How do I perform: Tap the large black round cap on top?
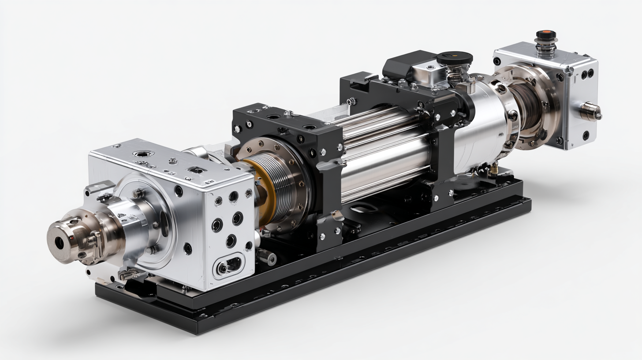pyautogui.click(x=454, y=58)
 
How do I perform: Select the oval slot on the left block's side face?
pyautogui.click(x=228, y=266)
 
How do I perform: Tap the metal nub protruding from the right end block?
pyautogui.click(x=591, y=111)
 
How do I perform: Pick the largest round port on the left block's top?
pyautogui.click(x=144, y=154)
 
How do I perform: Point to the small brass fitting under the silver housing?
pyautogui.click(x=495, y=168)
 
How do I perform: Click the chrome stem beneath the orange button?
pyautogui.click(x=546, y=46)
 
